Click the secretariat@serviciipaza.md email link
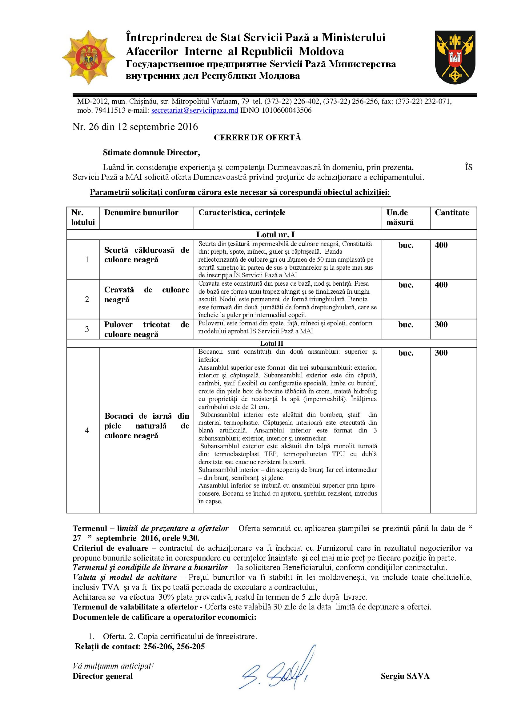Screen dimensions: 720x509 point(194,111)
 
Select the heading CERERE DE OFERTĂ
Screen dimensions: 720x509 point(257,138)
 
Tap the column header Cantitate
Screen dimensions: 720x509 point(452,213)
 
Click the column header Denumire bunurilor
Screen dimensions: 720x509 point(141,213)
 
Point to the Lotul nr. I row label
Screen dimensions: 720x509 point(271,235)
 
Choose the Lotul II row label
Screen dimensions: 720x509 point(271,344)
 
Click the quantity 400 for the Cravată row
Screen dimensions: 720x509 point(441,285)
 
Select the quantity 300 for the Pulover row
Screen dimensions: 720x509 point(441,324)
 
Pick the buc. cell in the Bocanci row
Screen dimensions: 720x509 point(406,353)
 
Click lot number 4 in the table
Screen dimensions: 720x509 point(87,430)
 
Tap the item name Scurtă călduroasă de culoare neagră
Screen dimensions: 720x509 point(146,255)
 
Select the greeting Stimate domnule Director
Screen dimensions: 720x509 point(151,153)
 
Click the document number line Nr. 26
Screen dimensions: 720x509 point(135,127)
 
